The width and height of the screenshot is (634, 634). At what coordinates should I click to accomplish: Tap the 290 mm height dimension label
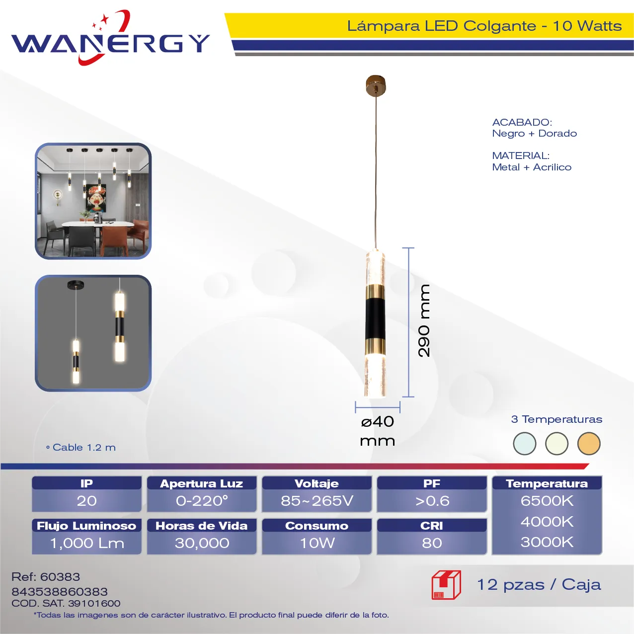tap(424, 320)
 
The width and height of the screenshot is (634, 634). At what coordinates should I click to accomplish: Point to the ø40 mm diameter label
tap(378, 431)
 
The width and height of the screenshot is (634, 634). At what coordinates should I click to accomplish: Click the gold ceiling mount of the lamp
tap(376, 85)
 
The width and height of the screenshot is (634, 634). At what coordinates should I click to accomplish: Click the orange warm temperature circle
tap(589, 444)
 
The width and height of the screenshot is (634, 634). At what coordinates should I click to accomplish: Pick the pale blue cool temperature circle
tap(524, 444)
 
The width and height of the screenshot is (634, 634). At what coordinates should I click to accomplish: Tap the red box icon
tap(446, 585)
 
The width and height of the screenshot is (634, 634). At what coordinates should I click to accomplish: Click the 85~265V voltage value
tap(317, 501)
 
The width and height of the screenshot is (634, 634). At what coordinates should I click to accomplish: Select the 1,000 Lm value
tap(87, 543)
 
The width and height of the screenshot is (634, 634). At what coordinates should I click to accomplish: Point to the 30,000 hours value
tap(202, 543)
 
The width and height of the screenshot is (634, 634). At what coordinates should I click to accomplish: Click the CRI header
tap(432, 526)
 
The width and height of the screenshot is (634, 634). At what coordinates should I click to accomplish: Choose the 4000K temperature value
tap(547, 522)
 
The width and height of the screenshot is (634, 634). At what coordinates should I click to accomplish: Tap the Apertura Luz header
tap(201, 483)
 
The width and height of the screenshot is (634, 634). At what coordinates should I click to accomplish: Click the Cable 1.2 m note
tap(81, 448)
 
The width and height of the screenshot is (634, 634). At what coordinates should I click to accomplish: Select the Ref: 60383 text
tap(46, 577)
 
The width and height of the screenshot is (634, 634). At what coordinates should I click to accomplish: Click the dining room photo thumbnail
tap(93, 201)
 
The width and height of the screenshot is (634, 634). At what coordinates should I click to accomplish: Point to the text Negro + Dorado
tap(534, 133)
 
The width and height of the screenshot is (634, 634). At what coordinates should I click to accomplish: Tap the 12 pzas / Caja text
tap(539, 585)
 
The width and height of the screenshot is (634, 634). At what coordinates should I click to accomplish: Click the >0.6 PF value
tap(432, 501)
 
